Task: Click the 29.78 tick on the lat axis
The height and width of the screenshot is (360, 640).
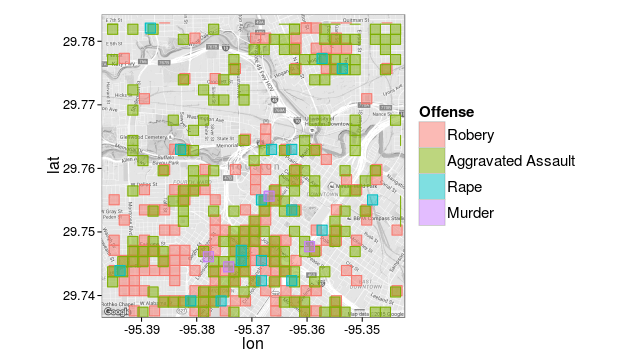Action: click(x=80, y=41)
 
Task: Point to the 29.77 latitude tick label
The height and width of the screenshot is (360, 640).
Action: click(x=80, y=104)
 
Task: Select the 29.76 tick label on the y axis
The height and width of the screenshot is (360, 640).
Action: click(x=80, y=168)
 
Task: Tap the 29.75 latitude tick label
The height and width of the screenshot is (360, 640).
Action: click(x=80, y=231)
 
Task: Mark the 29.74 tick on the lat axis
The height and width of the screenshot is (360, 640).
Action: click(x=80, y=295)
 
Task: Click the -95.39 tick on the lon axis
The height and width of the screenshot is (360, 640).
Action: click(x=141, y=328)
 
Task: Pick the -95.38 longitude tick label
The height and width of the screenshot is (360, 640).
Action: click(x=197, y=328)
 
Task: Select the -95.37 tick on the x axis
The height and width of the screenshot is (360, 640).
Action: click(x=252, y=328)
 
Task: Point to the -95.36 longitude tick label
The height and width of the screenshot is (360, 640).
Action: click(x=308, y=328)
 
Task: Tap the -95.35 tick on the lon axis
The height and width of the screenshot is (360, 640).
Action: click(x=363, y=328)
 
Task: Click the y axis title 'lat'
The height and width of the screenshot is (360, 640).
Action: click(x=54, y=160)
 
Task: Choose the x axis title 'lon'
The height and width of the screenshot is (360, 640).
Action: click(x=253, y=344)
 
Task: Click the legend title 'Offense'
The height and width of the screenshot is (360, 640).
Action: click(x=446, y=111)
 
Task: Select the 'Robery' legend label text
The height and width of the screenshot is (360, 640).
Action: click(x=470, y=135)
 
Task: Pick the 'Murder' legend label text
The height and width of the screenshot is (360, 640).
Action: click(x=470, y=213)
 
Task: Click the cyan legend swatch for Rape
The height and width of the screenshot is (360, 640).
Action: click(x=431, y=187)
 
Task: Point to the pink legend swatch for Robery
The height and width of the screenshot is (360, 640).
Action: click(x=431, y=135)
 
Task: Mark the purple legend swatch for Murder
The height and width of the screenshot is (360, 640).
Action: click(x=431, y=213)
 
